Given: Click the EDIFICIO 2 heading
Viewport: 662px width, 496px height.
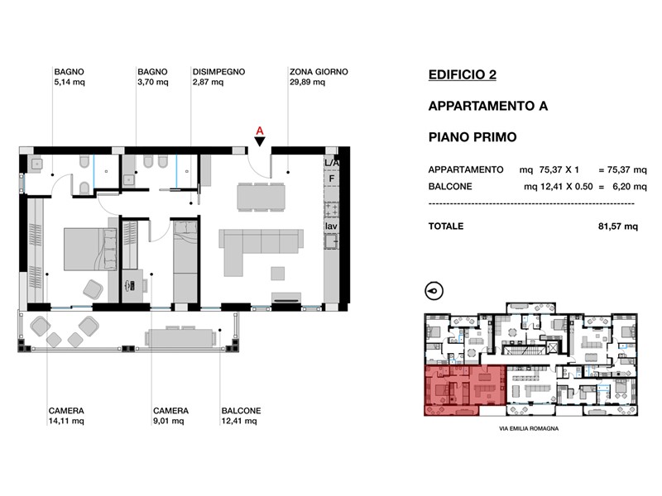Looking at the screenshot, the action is point(463,74).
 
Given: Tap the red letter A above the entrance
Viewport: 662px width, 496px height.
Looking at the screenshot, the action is point(260,131).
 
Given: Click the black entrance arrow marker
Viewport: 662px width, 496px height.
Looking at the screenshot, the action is point(260,141).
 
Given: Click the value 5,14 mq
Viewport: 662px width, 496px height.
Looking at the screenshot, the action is point(70,82).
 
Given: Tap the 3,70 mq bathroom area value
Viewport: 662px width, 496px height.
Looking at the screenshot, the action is point(153,82).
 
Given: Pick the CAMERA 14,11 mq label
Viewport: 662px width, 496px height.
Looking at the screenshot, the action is point(66,416).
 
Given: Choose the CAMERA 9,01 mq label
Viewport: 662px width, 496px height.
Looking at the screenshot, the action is point(170,416).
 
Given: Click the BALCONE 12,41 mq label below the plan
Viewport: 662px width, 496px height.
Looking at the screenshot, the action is point(241,416).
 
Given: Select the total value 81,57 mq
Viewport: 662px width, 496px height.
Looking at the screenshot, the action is point(618,227).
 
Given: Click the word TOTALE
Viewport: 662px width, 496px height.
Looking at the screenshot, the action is point(446,226).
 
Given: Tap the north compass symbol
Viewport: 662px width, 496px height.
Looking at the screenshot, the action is point(434,291).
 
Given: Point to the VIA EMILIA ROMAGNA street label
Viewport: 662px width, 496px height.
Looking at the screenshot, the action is point(529,428).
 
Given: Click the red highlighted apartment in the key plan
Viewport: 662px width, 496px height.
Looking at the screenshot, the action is point(464,390).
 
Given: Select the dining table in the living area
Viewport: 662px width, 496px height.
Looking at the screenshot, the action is point(261,196).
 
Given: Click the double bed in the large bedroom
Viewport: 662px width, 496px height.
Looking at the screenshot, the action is point(90,249).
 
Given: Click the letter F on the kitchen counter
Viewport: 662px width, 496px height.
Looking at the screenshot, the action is point(332,179).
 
